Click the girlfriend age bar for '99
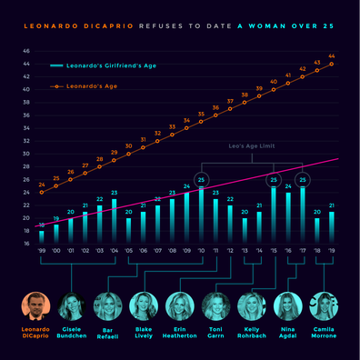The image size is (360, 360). (41, 236)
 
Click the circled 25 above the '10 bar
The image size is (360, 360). (201, 179)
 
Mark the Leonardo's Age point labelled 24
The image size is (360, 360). (41, 191)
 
